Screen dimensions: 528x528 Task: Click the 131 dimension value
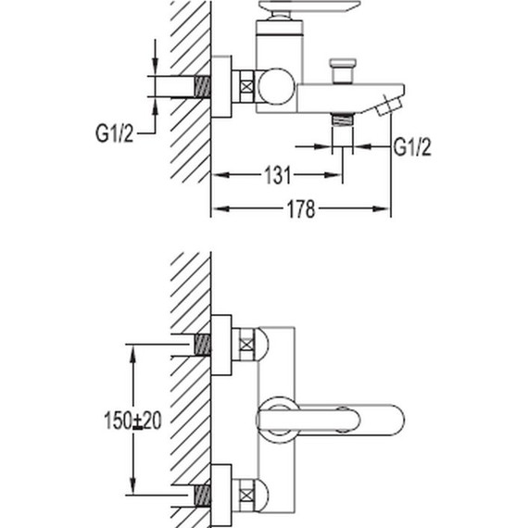pos(278,175)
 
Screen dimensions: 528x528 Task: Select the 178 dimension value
pos(301,209)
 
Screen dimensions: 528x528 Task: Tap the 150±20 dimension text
pos(132,421)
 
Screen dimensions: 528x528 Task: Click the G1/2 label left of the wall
pos(114,133)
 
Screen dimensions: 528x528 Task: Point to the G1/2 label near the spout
pos(412,147)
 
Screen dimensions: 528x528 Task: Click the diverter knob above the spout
pos(343,70)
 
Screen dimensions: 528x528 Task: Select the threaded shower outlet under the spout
pos(343,119)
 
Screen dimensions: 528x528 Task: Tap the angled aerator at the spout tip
pos(390,105)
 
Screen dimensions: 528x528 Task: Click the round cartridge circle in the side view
pos(277,86)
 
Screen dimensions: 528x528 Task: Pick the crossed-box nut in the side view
pos(246,86)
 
